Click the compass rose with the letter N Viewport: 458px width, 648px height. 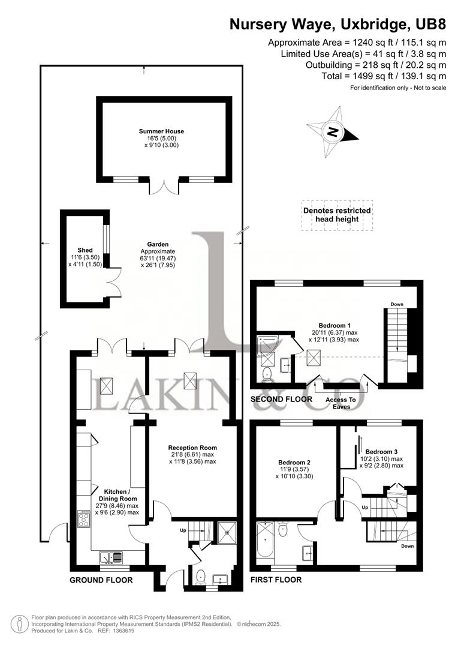(x=333, y=131)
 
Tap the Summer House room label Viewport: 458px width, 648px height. (x=161, y=131)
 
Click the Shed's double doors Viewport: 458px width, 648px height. (x=115, y=282)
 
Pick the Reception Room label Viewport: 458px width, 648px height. (x=192, y=448)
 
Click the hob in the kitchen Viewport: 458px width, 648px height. (x=83, y=518)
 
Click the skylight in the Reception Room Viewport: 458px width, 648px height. (x=191, y=380)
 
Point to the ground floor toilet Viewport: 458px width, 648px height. (x=200, y=576)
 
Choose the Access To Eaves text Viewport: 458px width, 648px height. (x=340, y=403)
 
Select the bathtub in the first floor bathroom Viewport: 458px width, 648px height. (x=265, y=543)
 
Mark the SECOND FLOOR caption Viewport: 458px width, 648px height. (x=281, y=399)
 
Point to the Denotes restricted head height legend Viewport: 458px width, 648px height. (x=336, y=215)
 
